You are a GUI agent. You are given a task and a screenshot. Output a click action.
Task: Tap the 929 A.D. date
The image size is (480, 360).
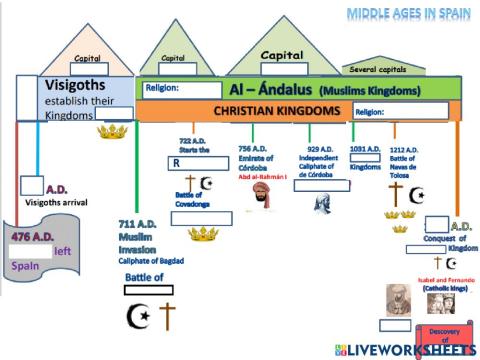(320, 147)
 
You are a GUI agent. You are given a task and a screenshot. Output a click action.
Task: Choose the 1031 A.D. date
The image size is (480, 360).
(365, 148)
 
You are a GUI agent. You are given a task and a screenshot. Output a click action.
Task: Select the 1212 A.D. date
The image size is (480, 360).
(404, 148)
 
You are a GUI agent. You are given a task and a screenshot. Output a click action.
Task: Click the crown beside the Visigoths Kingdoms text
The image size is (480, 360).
(112, 130)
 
